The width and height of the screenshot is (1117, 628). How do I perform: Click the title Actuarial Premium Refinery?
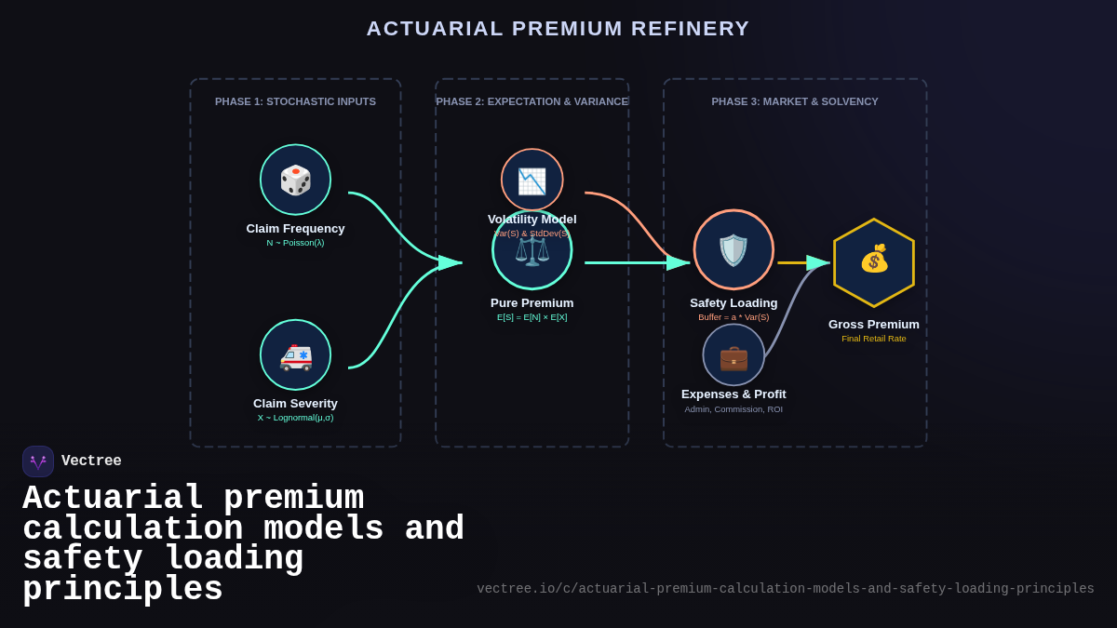[558, 29]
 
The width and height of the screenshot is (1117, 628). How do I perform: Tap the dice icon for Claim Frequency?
[295, 180]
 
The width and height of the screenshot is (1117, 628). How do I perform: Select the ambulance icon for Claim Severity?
[295, 355]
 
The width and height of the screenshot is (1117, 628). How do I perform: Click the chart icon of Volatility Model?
[532, 180]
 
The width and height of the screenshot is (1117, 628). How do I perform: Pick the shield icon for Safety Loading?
[733, 249]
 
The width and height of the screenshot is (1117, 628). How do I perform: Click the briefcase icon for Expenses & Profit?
[733, 355]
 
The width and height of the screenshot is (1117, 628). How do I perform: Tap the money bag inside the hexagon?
[874, 259]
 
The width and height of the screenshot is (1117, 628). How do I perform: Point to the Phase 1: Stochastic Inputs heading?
[295, 101]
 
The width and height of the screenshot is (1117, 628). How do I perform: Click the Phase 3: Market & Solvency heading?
[794, 101]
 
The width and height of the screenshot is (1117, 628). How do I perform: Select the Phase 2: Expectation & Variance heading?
[532, 101]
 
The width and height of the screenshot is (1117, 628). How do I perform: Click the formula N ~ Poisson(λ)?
[295, 243]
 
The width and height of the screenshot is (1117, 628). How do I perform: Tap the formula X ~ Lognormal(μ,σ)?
[295, 418]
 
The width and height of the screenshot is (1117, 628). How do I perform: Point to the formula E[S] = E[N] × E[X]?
[532, 317]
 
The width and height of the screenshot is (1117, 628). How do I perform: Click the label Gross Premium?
[873, 325]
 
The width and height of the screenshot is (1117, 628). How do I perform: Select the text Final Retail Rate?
[873, 339]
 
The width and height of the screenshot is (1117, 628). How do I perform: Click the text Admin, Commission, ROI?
[733, 409]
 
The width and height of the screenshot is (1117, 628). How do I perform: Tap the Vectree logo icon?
[38, 461]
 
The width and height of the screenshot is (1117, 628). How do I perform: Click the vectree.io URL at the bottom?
[785, 589]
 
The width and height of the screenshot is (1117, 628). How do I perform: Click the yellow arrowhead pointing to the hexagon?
[817, 262]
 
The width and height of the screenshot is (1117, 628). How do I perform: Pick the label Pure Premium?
[532, 303]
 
